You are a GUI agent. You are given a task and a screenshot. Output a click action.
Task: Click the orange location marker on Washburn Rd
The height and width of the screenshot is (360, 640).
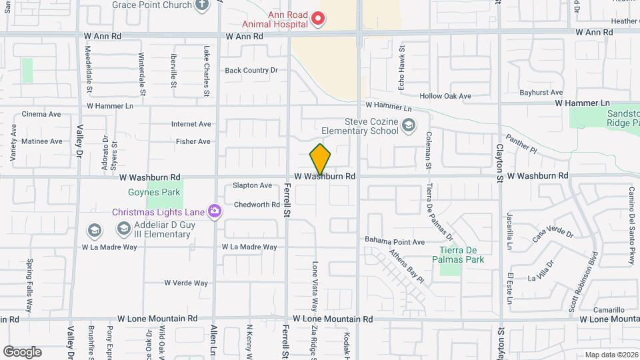tap(320, 159)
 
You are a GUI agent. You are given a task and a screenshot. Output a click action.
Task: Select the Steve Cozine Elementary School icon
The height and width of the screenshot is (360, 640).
tap(407, 125)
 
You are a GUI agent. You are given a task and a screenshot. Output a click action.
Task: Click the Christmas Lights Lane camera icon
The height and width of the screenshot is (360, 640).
tap(215, 211)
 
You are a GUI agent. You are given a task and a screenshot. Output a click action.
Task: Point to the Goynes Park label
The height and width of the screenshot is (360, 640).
tap(145, 193)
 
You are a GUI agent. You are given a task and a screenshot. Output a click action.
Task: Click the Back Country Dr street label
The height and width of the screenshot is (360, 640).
tap(251, 70)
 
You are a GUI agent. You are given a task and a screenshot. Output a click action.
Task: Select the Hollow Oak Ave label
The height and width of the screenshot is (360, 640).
tap(445, 96)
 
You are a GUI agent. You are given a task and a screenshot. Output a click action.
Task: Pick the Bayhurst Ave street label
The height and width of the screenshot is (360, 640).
tap(541, 92)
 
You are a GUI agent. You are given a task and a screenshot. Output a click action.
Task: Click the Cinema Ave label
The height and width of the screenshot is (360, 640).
tap(41, 114)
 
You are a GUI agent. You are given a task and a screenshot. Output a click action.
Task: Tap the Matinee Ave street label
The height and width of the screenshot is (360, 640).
tap(41, 141)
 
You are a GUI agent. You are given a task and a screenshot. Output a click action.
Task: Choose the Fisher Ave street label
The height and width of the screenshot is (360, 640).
tap(193, 141)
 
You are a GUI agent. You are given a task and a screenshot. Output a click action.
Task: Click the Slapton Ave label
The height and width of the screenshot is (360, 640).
tap(252, 185)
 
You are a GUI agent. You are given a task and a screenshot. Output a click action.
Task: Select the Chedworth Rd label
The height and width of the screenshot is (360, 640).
tap(257, 205)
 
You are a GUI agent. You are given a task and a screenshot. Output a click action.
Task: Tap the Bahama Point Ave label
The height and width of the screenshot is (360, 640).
tap(395, 241)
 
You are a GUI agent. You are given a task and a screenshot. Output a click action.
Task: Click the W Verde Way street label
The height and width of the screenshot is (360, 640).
tap(186, 283)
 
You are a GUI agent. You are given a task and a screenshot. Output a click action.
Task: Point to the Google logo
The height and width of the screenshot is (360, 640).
tap(22, 351)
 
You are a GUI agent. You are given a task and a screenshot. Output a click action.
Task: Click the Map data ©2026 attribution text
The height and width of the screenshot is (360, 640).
tap(610, 355)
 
